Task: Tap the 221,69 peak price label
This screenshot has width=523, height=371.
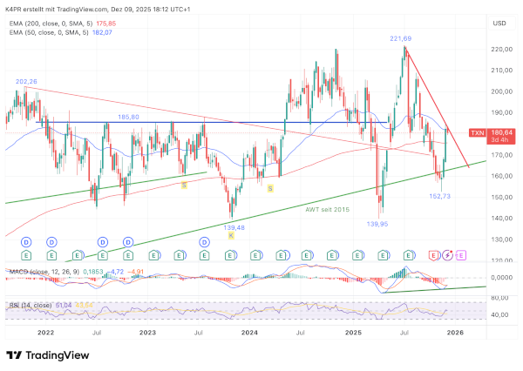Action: [x=401, y=38]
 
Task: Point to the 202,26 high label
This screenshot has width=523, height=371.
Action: [x=26, y=82]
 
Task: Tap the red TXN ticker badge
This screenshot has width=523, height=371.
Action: [x=477, y=132]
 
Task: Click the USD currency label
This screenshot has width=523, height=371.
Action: [x=499, y=24]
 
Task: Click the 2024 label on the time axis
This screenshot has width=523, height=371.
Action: [x=249, y=333]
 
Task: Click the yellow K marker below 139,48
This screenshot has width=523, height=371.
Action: [x=231, y=236]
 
